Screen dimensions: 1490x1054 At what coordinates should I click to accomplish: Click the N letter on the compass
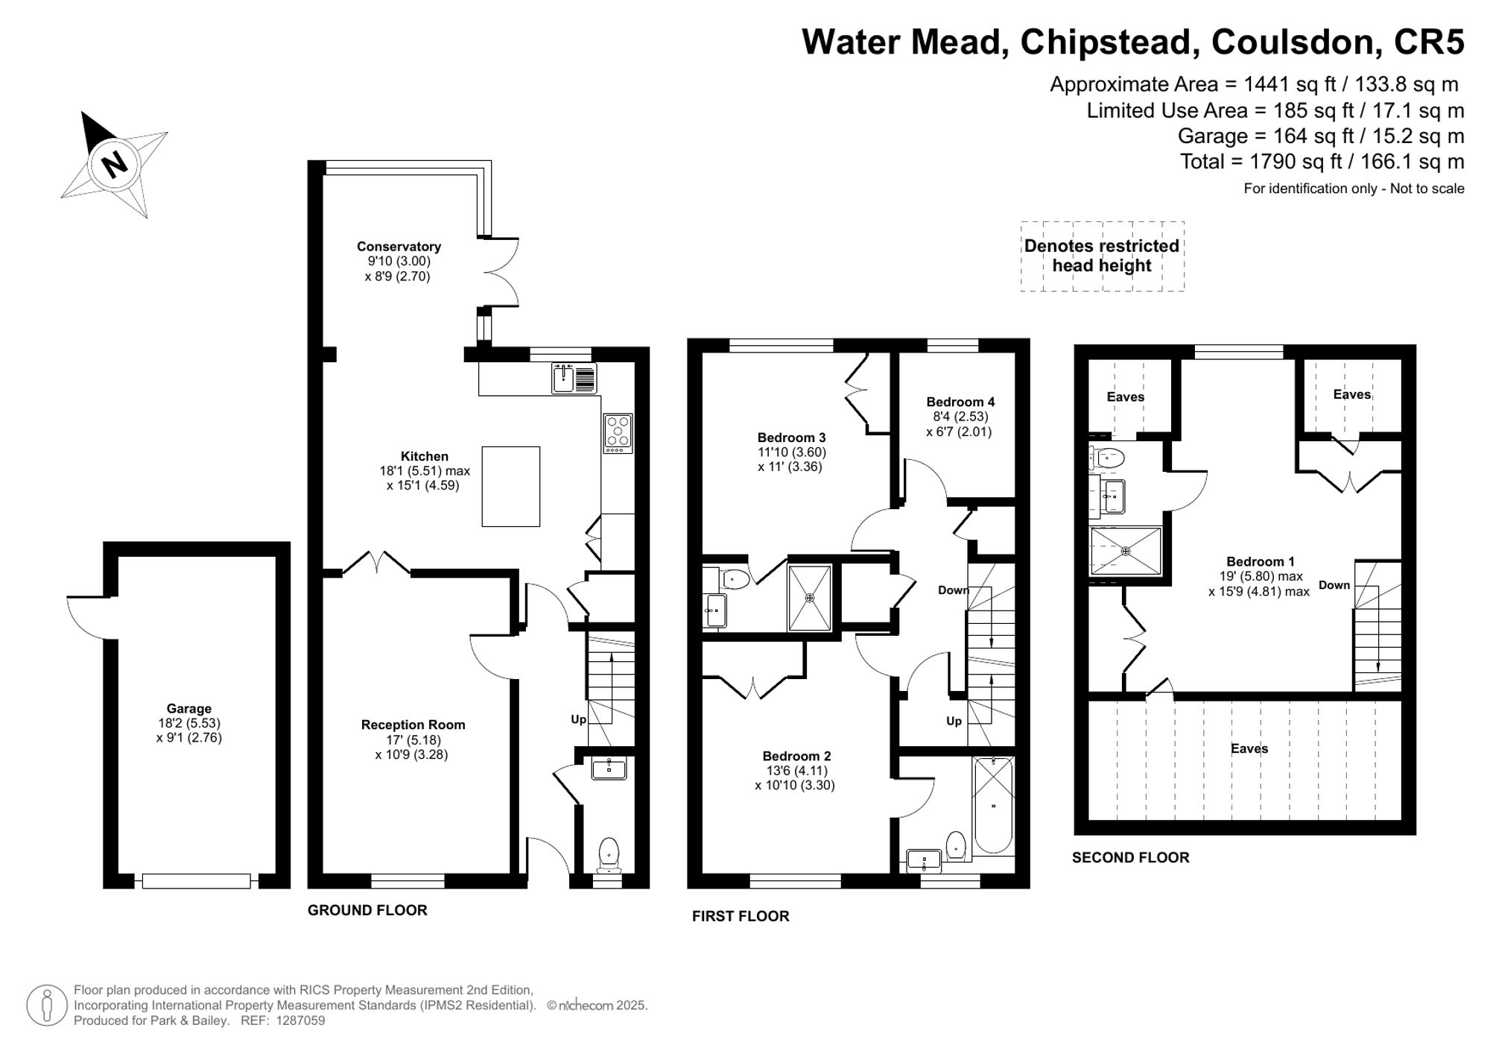(x=114, y=163)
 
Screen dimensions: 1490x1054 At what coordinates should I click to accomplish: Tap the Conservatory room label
(x=399, y=247)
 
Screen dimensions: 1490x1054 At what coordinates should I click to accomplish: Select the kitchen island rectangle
(x=510, y=486)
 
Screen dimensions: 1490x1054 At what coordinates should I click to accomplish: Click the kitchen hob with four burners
(x=618, y=433)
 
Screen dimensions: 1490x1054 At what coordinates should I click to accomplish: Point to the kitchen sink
(x=574, y=377)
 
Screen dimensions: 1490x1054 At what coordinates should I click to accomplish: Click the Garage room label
(x=189, y=709)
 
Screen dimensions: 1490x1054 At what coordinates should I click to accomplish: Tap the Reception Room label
(x=413, y=725)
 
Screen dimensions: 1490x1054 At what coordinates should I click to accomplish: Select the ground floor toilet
(x=609, y=854)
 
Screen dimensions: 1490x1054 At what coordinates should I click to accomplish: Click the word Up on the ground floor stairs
(x=579, y=719)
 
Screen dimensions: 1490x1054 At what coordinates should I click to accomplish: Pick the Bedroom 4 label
(x=960, y=402)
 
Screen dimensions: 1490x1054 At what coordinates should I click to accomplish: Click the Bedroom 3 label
(x=791, y=438)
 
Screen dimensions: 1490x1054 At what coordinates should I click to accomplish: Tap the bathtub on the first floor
(x=993, y=805)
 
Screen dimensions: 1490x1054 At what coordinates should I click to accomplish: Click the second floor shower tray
(x=1126, y=551)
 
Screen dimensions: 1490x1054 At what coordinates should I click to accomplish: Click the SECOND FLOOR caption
(x=1131, y=858)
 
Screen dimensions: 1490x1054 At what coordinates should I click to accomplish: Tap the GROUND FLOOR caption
(x=367, y=910)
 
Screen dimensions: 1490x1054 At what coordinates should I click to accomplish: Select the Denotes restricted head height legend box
(x=1103, y=256)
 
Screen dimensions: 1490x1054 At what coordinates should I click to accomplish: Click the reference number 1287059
(x=300, y=1020)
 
